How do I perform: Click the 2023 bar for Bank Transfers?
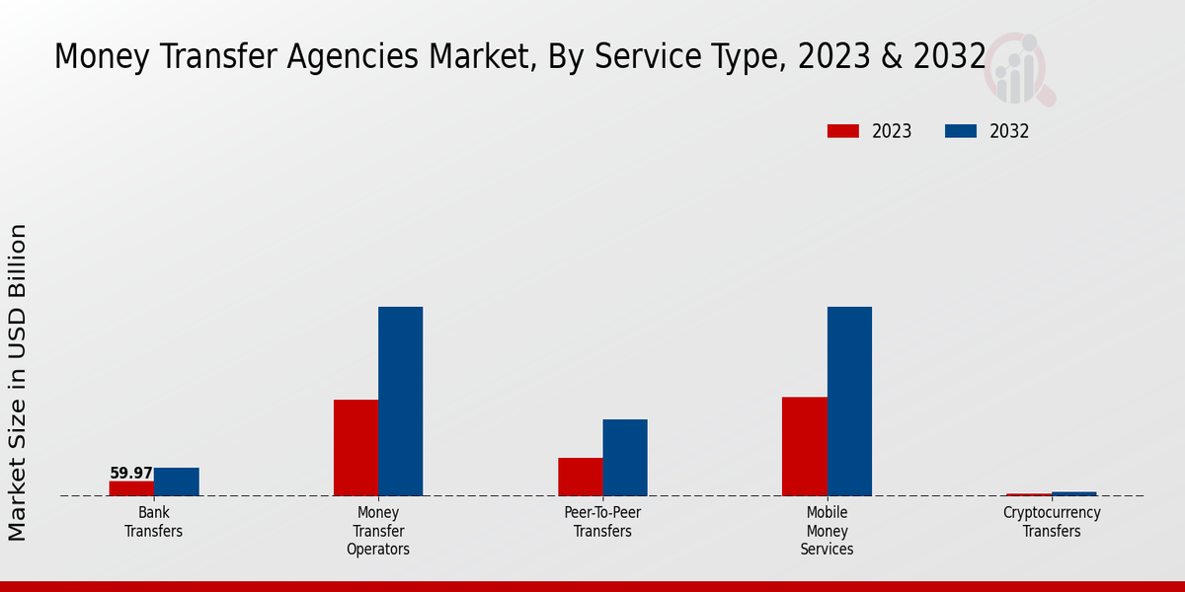pos(131,488)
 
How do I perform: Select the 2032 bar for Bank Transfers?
pos(177,481)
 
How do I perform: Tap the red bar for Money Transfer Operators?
pos(355,448)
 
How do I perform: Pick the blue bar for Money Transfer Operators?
pos(400,402)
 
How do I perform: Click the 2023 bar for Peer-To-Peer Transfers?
pos(580,477)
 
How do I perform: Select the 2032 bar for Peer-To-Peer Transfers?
pos(625,458)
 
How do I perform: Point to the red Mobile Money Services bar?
pos(804,446)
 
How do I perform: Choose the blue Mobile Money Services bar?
pos(849,402)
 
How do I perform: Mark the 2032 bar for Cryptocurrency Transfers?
pos(1073,493)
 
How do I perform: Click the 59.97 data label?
pos(131,474)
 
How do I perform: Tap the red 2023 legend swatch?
pos(843,131)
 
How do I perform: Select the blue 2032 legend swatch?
pos(961,131)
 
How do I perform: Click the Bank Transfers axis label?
pos(153,522)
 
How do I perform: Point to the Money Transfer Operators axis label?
pos(378,531)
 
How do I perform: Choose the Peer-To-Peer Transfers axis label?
pos(602,522)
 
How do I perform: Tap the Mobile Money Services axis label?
pos(827,531)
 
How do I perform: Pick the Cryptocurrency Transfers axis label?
pos(1052,522)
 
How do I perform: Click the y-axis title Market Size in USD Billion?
pos(18,383)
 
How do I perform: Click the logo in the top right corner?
pos(1020,69)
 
